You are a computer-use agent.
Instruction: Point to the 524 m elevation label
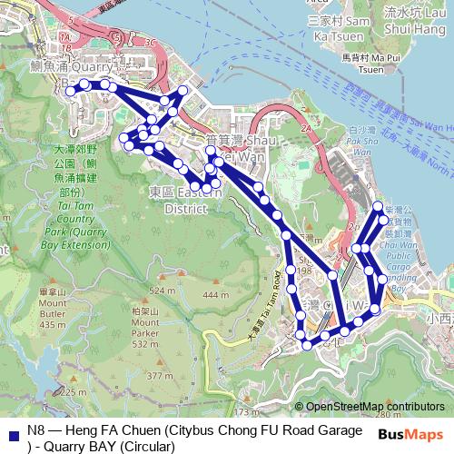pos(163,291)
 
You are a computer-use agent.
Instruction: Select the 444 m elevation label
pos(216,296)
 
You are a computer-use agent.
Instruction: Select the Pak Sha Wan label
pos(362,143)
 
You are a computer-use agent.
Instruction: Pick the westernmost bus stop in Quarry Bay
pos(70,91)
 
